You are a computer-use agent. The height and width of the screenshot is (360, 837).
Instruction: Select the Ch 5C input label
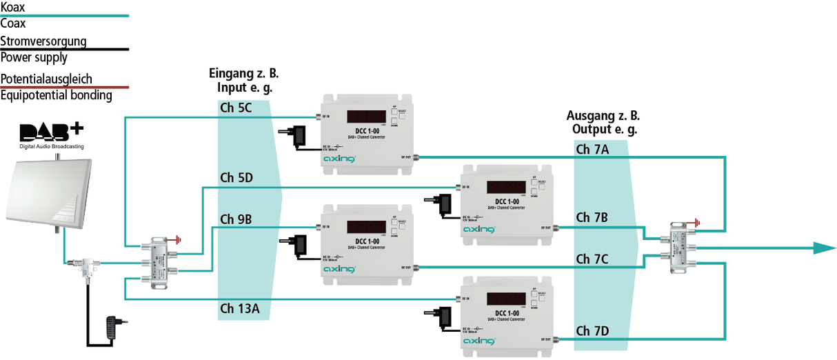(236, 108)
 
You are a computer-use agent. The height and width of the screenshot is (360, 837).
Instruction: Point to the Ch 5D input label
(236, 178)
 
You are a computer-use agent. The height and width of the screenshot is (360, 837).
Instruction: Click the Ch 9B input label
(236, 220)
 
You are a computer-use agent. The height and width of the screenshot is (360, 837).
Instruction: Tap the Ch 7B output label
(592, 218)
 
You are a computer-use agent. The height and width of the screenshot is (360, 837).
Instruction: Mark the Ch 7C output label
(592, 259)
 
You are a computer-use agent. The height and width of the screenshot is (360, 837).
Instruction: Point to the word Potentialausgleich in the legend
(46, 79)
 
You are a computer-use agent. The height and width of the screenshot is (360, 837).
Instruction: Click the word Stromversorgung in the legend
(43, 41)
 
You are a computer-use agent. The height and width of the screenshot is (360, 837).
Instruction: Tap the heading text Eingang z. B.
(243, 74)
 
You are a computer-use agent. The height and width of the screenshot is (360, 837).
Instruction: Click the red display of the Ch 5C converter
(365, 117)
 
